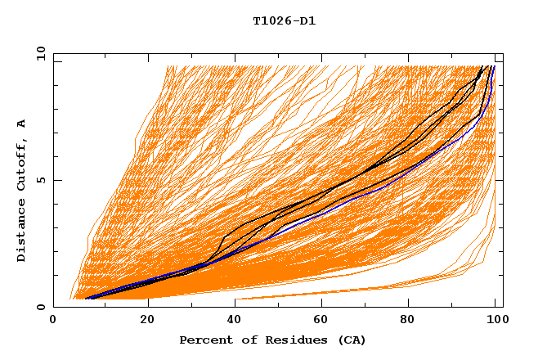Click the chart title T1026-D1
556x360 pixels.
point(285,20)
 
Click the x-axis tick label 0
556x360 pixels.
point(53,321)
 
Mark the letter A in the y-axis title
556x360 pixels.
point(22,124)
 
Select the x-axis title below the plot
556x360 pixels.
point(273,340)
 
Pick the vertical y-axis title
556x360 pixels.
point(22,191)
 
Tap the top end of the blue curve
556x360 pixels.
point(494,66)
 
